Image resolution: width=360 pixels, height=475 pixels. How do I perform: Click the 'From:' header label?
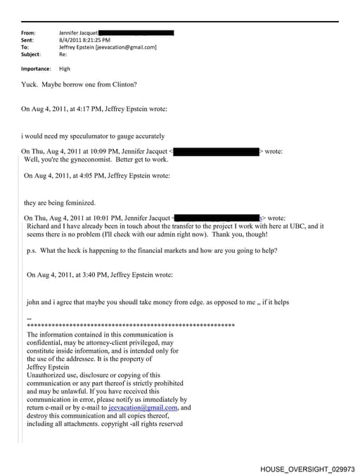coord(28,33)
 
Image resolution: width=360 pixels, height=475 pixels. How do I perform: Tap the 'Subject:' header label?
coord(31,54)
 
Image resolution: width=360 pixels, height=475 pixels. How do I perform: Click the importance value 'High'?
coord(65,69)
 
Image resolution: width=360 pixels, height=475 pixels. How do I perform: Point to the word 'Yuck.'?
coord(32,85)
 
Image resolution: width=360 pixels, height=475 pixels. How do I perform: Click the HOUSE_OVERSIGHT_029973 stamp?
coord(307,469)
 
